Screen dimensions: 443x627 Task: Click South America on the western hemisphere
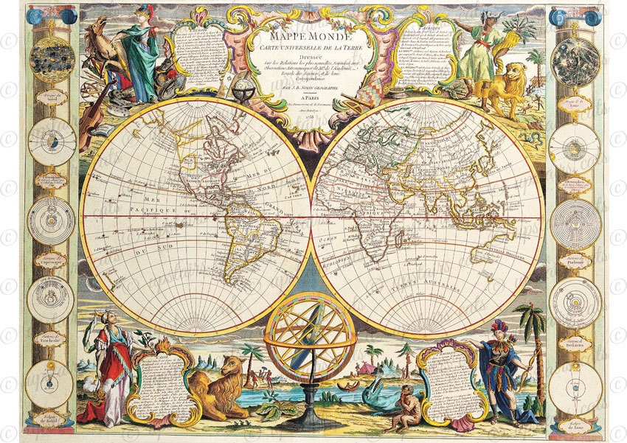(x=243, y=236)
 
